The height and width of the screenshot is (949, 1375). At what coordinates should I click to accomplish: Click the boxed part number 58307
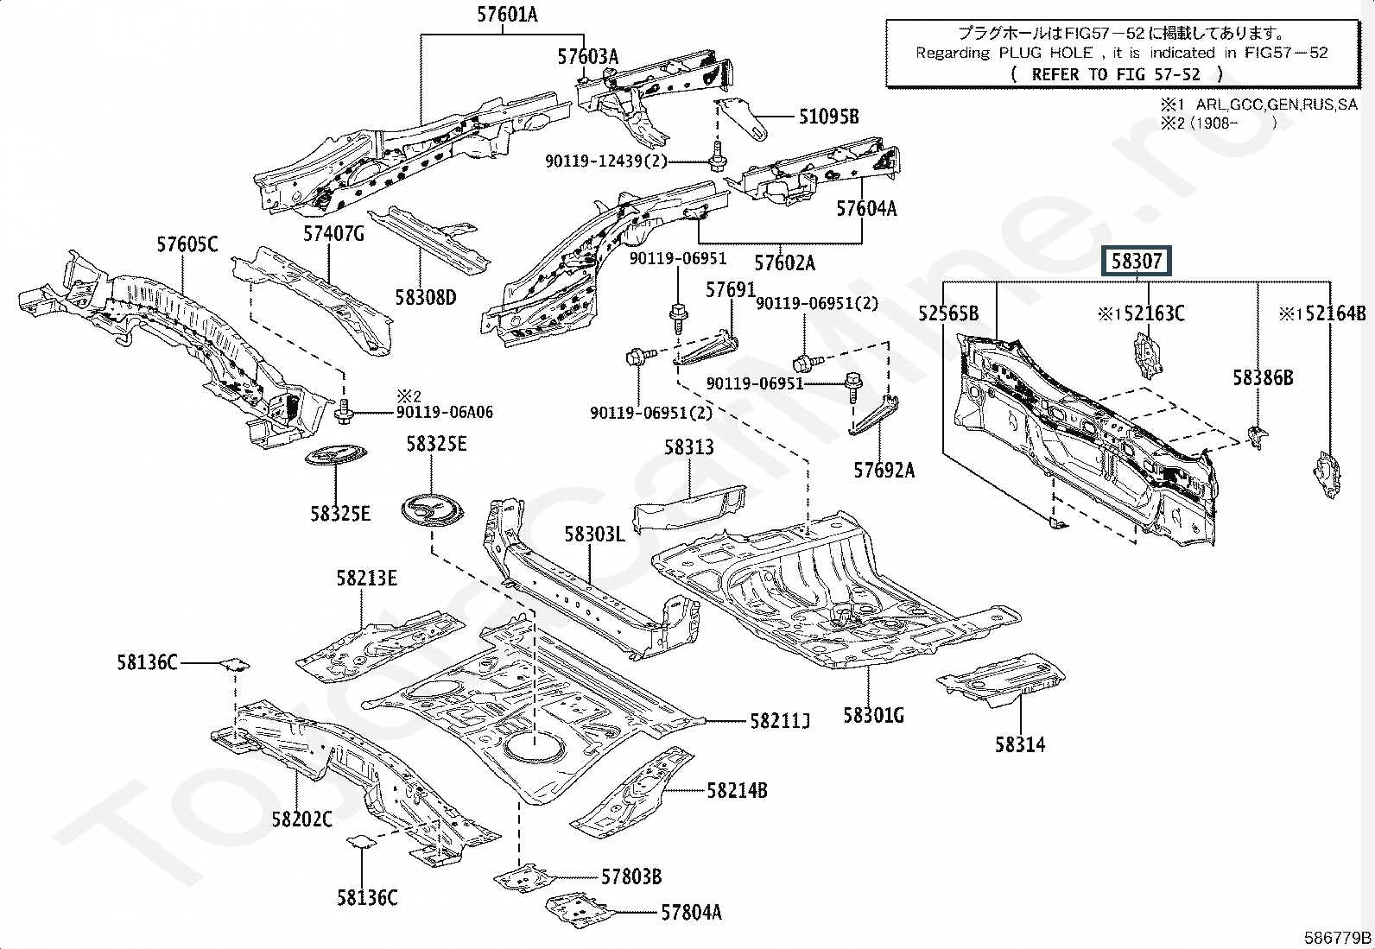(1135, 261)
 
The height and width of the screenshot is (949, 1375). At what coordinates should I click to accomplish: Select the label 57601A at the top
(507, 15)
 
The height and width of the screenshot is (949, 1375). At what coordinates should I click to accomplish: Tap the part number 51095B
(828, 116)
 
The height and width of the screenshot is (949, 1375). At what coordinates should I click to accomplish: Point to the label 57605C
(187, 244)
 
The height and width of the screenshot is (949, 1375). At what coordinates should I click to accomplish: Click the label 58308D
(425, 297)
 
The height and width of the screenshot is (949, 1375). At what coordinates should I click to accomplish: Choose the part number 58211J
(780, 720)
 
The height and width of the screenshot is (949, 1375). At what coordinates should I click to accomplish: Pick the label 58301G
(873, 715)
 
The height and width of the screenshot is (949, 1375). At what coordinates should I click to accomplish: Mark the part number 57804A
(691, 912)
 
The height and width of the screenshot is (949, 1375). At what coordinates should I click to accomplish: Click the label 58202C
(301, 819)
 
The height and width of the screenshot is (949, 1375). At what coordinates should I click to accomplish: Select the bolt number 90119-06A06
(445, 413)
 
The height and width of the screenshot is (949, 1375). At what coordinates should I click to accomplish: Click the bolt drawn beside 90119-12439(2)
(716, 161)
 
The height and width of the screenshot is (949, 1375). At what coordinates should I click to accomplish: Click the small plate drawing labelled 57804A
(580, 907)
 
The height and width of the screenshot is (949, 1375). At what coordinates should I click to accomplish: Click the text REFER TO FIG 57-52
(1116, 74)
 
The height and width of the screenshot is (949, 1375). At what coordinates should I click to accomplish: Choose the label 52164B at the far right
(1334, 313)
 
